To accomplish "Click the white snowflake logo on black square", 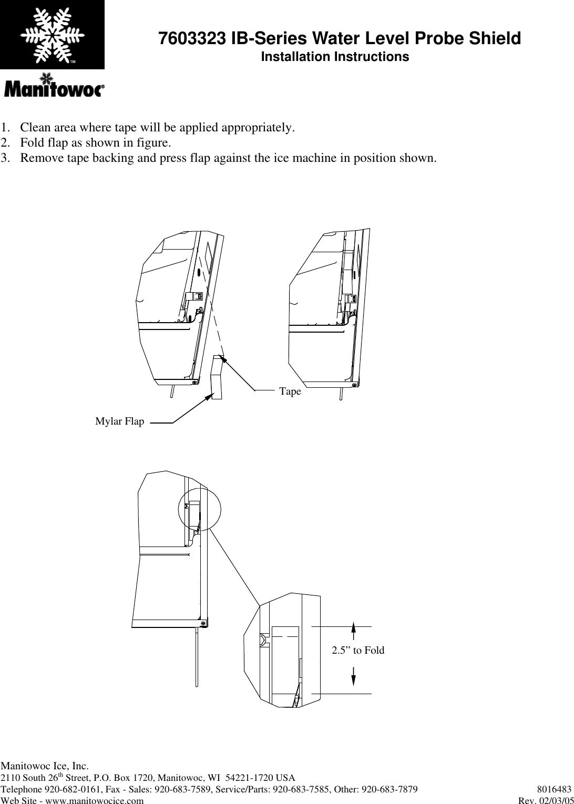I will (52, 34).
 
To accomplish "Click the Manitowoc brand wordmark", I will (54, 89).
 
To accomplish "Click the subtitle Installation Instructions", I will (335, 57).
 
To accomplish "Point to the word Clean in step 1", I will (35, 128).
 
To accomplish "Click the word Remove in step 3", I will (40, 158).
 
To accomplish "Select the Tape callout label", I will (290, 391).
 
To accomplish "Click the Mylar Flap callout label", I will (119, 421).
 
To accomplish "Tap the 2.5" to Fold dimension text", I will (357, 651).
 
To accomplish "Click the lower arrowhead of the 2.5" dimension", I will (353, 678).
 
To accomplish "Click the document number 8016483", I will (554, 789).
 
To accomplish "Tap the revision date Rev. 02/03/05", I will (546, 800).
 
